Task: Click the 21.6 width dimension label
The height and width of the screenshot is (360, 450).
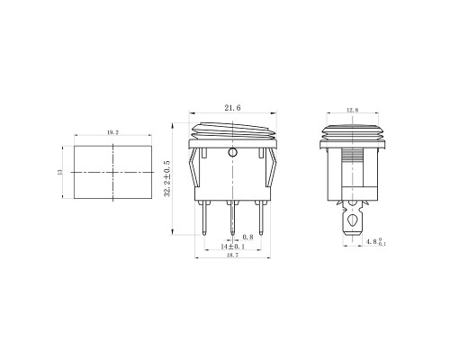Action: coord(232,108)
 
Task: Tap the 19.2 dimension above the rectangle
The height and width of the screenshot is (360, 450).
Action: coord(112,132)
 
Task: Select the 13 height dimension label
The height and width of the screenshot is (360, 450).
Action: coord(59,172)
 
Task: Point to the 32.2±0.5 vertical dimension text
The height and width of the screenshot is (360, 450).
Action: coord(167,178)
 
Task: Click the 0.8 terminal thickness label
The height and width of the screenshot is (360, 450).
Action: coord(247,237)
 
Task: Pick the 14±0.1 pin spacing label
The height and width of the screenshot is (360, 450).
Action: coord(233,247)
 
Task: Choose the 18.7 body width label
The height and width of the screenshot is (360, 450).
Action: coord(233,255)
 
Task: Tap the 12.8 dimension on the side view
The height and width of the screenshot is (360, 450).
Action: coord(353,110)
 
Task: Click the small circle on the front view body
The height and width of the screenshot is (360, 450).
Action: coord(232,153)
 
